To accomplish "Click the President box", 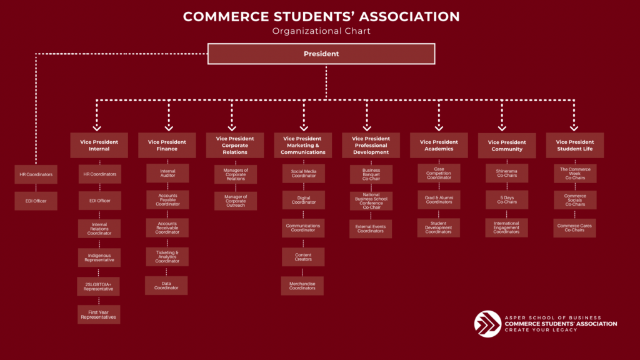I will [321, 54].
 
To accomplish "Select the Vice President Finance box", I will [167, 145].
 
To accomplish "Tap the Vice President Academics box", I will [438, 145].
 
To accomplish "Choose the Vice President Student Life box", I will [574, 145].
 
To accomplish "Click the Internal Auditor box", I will [167, 173].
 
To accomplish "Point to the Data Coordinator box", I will [166, 285].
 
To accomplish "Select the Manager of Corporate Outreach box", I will [235, 201].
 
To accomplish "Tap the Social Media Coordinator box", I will [302, 174].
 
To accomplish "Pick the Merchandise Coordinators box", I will [302, 286].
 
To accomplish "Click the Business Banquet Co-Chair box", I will [371, 174].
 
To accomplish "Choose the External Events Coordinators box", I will [371, 229].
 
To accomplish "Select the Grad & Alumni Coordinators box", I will [438, 200].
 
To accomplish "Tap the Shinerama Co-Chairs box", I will [506, 173].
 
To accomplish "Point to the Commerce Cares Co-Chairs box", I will [574, 227].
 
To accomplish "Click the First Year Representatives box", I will [99, 314].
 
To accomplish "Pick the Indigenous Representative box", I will [99, 257].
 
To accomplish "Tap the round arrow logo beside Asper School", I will [487, 324].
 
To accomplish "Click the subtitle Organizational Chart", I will [321, 31].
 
